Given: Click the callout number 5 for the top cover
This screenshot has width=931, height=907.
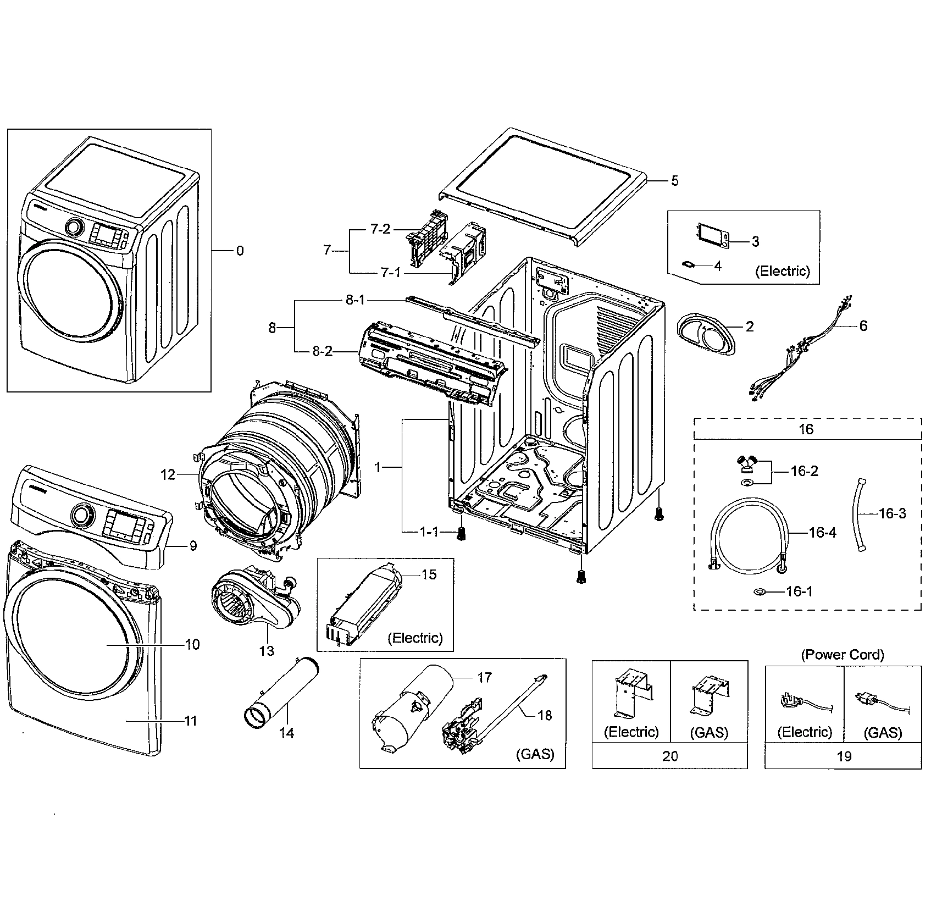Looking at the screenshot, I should [674, 181].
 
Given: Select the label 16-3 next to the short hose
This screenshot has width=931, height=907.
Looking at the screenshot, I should [892, 513].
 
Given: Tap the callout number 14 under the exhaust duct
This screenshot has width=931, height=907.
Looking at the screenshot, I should [286, 733].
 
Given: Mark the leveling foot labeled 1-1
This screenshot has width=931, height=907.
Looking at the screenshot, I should [462, 533].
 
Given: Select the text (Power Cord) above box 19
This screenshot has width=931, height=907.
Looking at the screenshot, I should [843, 655].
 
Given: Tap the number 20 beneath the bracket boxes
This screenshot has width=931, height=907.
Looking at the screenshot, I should [670, 756].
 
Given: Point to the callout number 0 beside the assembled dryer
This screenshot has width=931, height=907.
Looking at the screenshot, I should [240, 251].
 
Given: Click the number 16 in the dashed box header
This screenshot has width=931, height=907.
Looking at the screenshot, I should [806, 429].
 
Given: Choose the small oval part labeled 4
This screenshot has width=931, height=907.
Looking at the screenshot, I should [689, 264].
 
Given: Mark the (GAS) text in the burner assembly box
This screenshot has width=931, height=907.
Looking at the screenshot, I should [535, 754].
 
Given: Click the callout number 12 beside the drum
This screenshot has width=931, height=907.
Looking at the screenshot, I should [168, 474].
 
